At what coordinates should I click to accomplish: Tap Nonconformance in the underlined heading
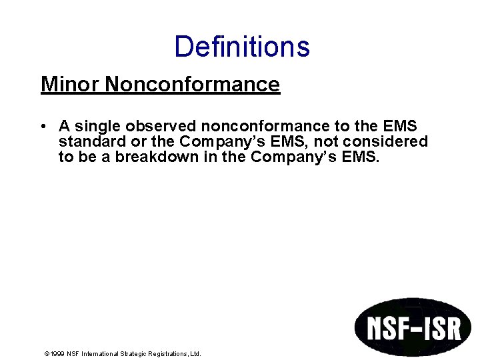point(192,85)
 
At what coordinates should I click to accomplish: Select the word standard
point(89,141)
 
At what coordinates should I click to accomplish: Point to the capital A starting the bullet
point(64,126)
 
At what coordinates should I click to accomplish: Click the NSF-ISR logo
point(412,328)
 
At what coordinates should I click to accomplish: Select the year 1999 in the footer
point(57,354)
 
